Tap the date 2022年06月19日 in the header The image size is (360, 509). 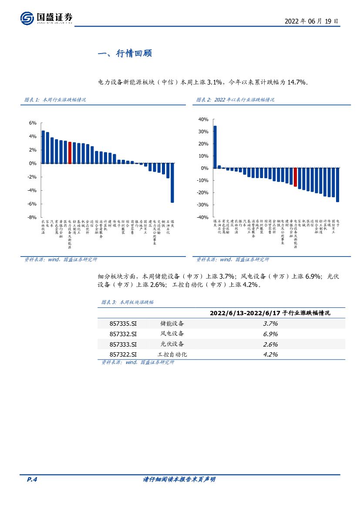[311, 20]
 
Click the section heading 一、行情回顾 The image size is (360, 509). [125, 54]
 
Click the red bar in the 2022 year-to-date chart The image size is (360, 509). [295, 177]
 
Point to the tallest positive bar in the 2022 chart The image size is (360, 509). [215, 147]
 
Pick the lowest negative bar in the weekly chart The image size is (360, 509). [172, 183]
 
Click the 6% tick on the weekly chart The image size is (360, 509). [33, 123]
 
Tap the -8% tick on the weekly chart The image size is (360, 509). [33, 217]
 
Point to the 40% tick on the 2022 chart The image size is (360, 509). [204, 119]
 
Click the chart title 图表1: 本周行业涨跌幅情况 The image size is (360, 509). [55, 100]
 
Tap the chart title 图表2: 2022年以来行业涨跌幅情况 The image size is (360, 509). [236, 100]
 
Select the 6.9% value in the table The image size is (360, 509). [270, 334]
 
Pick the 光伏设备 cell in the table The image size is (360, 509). [172, 344]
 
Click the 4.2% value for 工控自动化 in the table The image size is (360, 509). [270, 354]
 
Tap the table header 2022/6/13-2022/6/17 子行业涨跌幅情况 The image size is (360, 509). [270, 313]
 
